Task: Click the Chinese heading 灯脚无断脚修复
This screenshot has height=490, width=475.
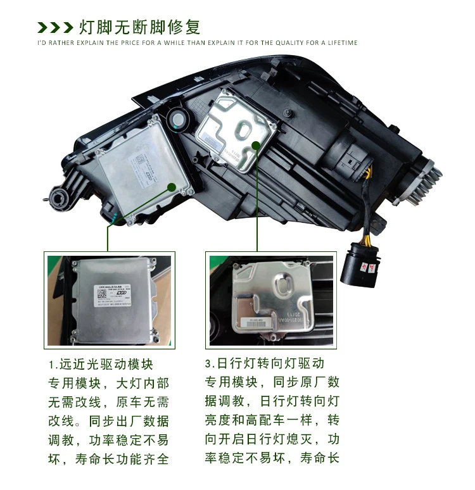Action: pyautogui.click(x=139, y=27)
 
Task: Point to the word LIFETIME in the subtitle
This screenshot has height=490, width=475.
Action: pyautogui.click(x=343, y=43)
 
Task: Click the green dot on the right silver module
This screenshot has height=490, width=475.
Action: pyautogui.click(x=256, y=145)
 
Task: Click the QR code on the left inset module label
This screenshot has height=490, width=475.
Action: pyautogui.click(x=103, y=293)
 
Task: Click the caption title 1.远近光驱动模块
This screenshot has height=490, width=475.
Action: pyautogui.click(x=101, y=365)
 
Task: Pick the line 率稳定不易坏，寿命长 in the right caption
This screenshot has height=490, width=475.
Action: pyautogui.click(x=272, y=458)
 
